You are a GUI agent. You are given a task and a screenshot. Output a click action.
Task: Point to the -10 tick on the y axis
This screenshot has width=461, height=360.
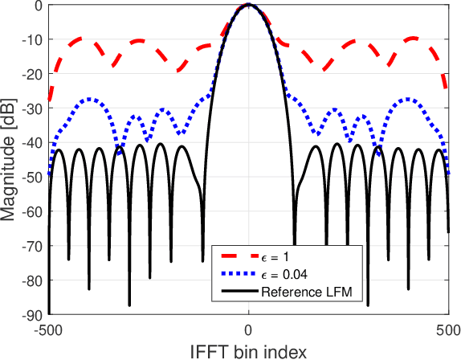click(x=33, y=40)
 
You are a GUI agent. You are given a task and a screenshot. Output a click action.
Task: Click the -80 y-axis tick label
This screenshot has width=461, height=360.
click(x=33, y=280)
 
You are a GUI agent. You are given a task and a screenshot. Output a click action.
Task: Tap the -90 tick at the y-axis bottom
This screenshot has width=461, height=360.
click(x=33, y=313)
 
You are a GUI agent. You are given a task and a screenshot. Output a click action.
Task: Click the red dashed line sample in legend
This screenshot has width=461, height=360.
click(x=237, y=256)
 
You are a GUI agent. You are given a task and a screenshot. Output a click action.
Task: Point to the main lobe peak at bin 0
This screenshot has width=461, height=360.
click(x=249, y=5)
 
